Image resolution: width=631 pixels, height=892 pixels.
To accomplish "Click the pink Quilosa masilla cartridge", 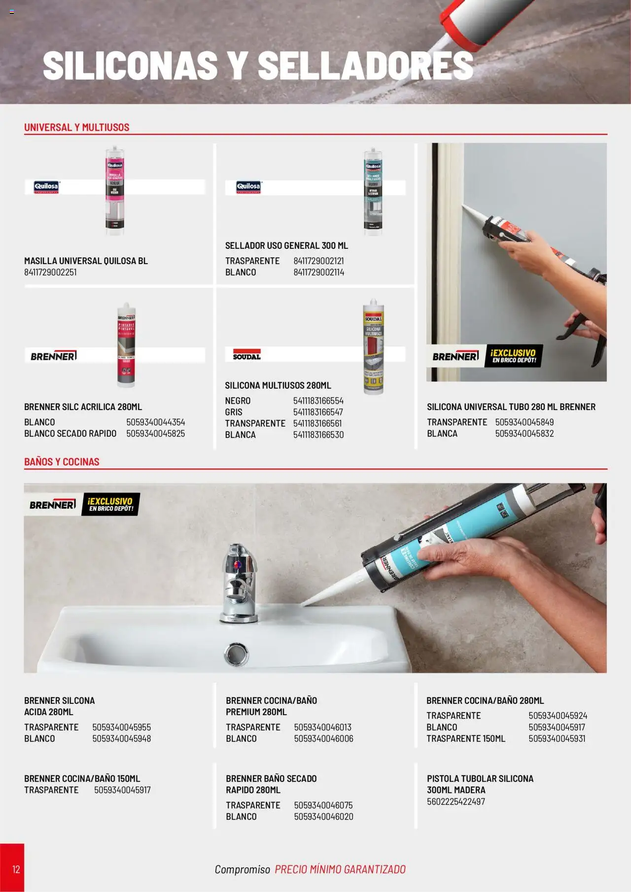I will point(114,191).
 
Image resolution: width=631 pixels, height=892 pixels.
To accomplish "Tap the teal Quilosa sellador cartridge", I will point(373,193).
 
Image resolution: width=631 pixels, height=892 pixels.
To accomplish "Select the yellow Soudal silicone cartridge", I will point(373,347).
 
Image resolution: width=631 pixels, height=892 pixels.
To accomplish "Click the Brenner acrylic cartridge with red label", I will point(126,345).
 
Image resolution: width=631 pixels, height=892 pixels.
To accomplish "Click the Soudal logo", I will point(246,355).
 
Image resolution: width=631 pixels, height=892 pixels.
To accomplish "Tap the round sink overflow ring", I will point(236,654).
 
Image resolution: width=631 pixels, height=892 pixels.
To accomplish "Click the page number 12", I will point(16,869).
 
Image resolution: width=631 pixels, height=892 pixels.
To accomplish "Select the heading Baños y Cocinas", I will point(62,462).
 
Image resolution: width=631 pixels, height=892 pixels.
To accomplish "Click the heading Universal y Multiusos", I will point(76,127).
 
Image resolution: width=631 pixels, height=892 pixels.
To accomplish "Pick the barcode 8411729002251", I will point(50,272).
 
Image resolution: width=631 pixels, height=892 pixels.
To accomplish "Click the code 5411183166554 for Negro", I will point(318,401).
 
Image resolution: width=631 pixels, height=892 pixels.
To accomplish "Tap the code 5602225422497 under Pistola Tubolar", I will point(456,801).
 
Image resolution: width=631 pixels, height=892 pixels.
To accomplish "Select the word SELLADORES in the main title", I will point(365,66).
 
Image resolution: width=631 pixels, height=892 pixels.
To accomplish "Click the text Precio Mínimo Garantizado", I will point(340,869).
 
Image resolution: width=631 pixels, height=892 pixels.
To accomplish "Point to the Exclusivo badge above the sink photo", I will point(110,504).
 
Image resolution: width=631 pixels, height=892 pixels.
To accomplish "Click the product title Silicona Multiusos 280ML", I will point(278,385).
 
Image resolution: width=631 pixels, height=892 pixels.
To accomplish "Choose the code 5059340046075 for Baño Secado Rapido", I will point(323,805).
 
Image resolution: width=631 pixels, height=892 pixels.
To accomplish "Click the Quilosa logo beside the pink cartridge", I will point(46,187).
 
